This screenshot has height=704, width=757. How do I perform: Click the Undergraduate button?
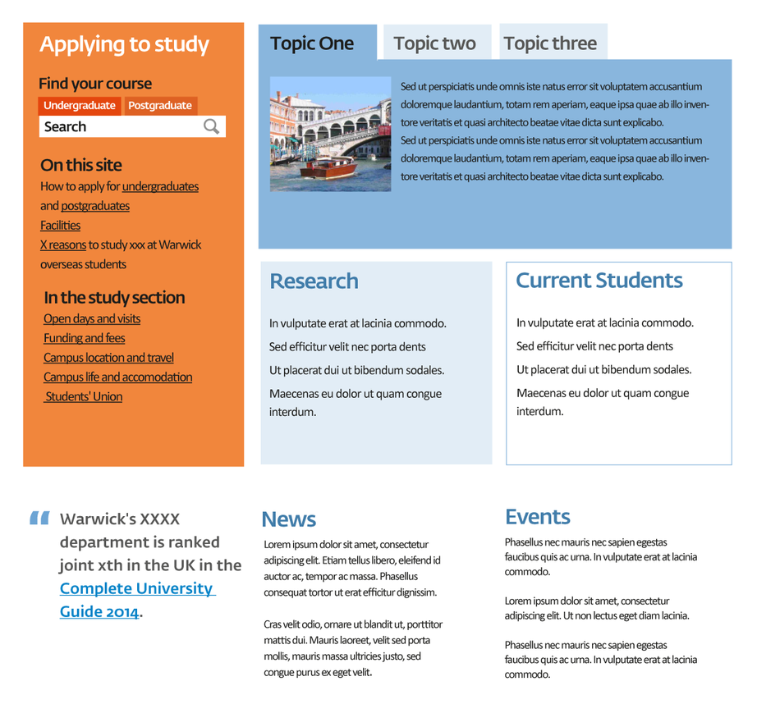point(80,106)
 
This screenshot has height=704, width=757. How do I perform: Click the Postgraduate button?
point(160,106)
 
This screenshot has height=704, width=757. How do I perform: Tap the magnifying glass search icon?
point(212,126)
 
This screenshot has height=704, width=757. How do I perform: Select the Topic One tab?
point(312,43)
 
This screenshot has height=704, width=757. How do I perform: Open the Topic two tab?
point(434,43)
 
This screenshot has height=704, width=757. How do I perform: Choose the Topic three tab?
point(550,43)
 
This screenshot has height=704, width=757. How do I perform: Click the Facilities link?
point(60,226)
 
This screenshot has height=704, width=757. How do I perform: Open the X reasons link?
point(63,245)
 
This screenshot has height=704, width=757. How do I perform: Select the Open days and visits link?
point(92,319)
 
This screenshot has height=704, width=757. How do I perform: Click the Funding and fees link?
point(85,338)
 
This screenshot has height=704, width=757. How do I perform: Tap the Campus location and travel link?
point(108,358)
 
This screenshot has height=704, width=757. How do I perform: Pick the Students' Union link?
point(84,397)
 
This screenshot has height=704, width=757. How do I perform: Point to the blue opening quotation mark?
point(39,518)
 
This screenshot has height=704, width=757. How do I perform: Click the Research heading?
point(314,281)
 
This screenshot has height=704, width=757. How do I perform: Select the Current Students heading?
point(599,281)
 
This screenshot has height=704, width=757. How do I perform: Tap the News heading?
point(288,519)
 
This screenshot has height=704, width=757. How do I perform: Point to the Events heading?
point(537,517)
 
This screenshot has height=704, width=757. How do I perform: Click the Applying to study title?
point(124,45)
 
